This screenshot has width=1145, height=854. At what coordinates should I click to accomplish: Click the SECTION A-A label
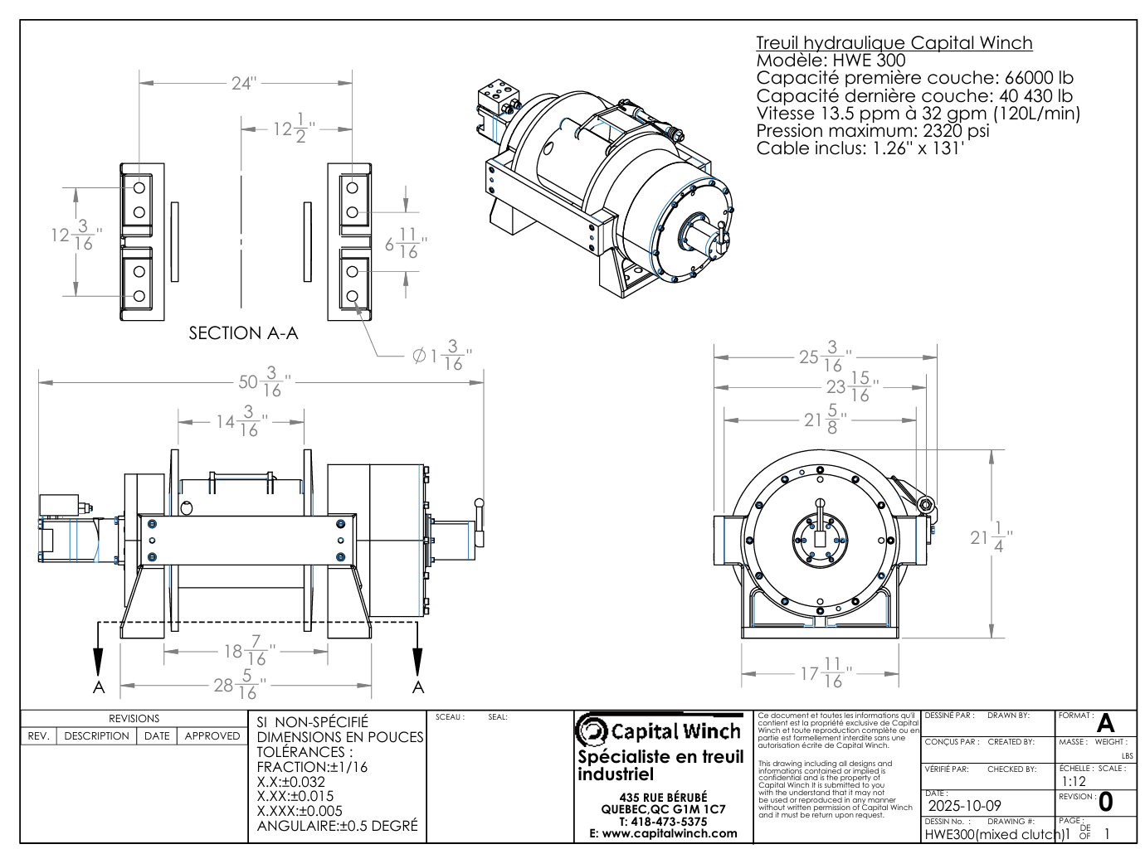243,333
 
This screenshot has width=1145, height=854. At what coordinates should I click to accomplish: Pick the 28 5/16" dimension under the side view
236,685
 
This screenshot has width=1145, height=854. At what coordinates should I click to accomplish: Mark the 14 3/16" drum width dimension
238,421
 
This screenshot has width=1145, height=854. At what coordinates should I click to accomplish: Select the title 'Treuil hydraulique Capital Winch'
894,43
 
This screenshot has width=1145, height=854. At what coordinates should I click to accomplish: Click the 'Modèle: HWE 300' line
831,61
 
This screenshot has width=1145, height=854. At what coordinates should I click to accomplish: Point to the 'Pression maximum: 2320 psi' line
873,131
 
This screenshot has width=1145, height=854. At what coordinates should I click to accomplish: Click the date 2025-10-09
964,806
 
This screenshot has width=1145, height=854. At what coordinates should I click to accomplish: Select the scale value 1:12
1074,781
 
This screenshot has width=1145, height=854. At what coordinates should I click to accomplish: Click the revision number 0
1105,803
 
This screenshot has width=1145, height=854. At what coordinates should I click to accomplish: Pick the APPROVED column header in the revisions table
212,735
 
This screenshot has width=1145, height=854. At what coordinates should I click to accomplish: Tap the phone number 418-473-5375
663,821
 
